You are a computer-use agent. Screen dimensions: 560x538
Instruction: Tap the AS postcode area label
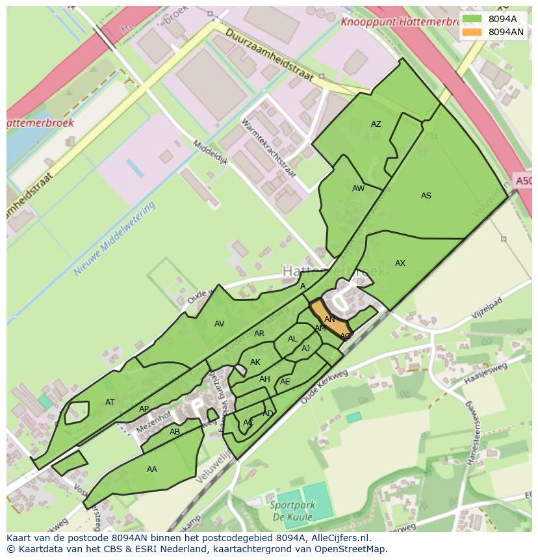tap(426, 196)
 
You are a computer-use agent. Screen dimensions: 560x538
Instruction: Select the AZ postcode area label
tap(376, 124)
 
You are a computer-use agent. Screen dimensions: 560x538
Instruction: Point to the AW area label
tap(358, 189)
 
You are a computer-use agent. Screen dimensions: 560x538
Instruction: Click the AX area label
tap(400, 263)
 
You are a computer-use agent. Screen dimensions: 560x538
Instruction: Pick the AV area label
tap(220, 324)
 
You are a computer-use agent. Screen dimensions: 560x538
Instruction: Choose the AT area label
tap(110, 403)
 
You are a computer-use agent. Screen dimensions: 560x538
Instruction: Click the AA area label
tap(152, 470)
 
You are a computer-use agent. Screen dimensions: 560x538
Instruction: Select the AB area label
tap(175, 432)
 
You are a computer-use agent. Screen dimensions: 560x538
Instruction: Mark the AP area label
tap(144, 409)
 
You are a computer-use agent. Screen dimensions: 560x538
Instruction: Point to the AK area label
tap(255, 362)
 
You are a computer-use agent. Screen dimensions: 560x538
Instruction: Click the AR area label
tap(259, 334)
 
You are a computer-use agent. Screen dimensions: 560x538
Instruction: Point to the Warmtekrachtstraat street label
tap(268, 148)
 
